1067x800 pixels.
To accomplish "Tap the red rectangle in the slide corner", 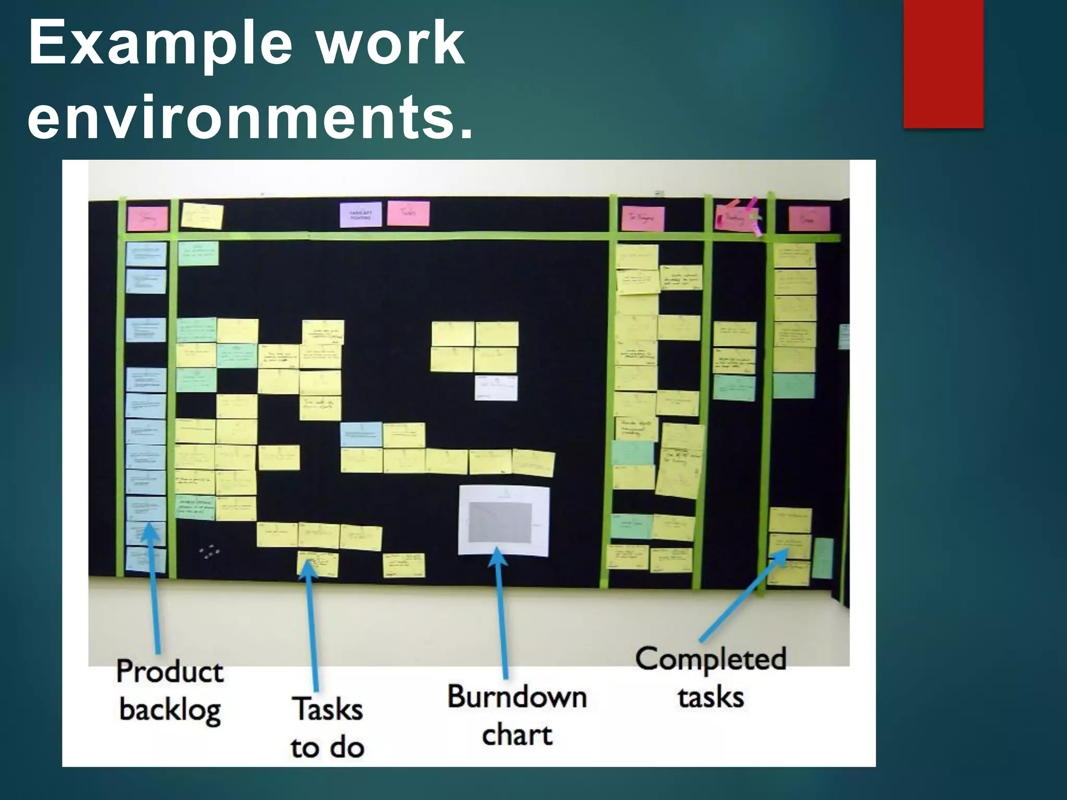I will (943, 64).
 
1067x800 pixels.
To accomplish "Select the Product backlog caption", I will (170, 691).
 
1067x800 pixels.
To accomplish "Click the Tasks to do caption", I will (327, 728).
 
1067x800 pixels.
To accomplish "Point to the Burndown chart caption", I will (517, 716).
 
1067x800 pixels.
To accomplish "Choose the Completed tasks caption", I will (711, 677).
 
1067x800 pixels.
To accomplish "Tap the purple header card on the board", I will (361, 215).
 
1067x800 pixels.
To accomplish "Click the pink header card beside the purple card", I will (408, 213).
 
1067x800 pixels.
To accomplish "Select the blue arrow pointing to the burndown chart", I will (502, 612).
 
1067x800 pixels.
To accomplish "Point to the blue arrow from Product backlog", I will (154, 589).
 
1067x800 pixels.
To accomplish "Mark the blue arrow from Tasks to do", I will (312, 625).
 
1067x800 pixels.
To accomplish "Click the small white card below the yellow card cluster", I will (496, 388).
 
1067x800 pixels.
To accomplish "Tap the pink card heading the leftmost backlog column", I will (148, 219).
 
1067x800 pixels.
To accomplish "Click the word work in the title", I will (391, 45).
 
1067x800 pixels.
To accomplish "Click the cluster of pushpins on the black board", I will (209, 551).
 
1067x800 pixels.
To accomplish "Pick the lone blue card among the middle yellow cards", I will (361, 434).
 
